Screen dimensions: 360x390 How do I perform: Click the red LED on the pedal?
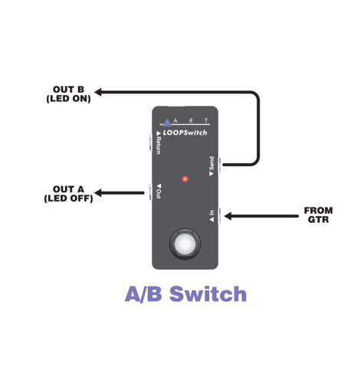point(185,179)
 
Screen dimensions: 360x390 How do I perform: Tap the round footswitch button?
point(185,244)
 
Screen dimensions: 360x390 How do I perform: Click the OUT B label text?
point(68,90)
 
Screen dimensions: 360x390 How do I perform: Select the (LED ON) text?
point(68,99)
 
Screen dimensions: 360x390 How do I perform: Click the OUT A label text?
point(68,189)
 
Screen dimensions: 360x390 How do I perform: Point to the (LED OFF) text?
point(68,198)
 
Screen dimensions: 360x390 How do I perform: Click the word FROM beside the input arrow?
point(319,211)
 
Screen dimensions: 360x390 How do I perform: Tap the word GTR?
point(319,219)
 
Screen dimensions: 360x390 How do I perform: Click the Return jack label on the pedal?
point(159,143)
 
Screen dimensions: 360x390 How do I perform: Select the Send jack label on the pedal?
point(211,166)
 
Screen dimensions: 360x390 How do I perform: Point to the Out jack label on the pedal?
point(159,191)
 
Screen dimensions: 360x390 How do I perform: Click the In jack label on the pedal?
point(211,216)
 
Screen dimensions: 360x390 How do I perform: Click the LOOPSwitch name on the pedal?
point(185,133)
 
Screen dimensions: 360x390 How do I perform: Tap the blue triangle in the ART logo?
point(167,123)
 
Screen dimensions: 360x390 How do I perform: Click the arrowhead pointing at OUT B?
point(98,92)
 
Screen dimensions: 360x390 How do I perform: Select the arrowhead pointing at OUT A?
point(98,193)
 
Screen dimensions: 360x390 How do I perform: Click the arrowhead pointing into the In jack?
point(228,216)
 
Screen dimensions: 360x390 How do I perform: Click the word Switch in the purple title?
point(208,293)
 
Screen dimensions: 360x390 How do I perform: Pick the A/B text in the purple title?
point(143,294)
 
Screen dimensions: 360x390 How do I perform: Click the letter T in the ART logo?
point(206,120)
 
